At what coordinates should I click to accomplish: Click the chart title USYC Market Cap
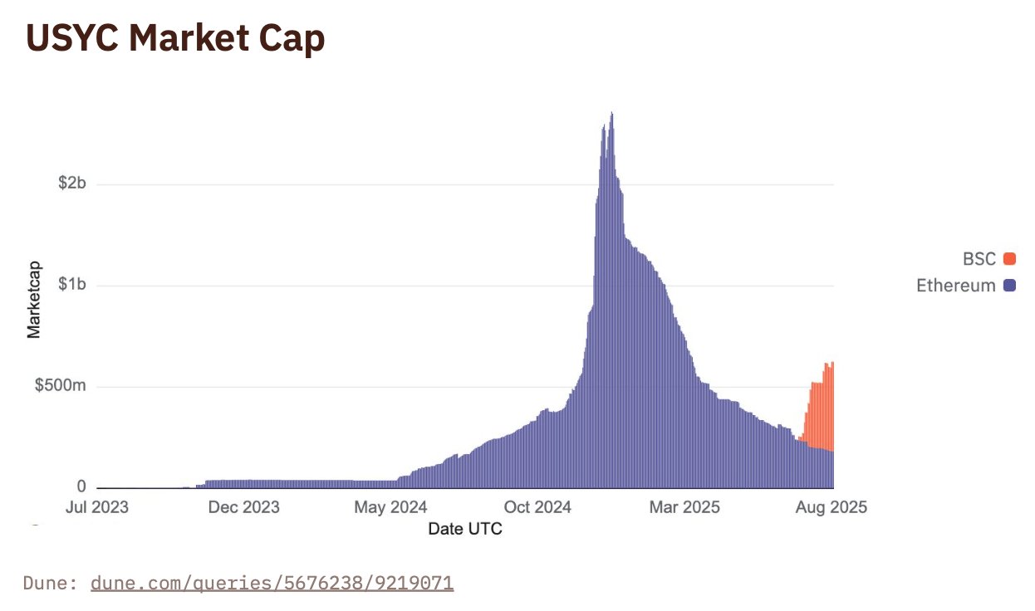[175, 39]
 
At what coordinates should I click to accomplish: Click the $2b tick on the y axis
[71, 183]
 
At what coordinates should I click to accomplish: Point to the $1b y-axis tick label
[71, 286]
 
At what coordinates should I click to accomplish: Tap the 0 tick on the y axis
[81, 486]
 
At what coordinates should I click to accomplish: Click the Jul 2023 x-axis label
[97, 507]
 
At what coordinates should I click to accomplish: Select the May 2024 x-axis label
[390, 507]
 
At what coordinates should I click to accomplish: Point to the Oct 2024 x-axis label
[538, 507]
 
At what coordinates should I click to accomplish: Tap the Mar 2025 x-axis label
[685, 507]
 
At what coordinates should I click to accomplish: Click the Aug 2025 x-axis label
[831, 507]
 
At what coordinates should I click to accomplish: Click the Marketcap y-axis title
[34, 301]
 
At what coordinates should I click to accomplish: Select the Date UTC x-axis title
[465, 529]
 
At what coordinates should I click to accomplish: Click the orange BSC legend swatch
[1009, 259]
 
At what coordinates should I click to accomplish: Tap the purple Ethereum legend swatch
[1009, 286]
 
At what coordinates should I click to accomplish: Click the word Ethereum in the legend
[955, 286]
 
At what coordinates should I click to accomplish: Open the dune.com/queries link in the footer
[272, 583]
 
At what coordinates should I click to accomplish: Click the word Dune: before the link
[52, 583]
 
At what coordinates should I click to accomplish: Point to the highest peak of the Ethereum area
[612, 114]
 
